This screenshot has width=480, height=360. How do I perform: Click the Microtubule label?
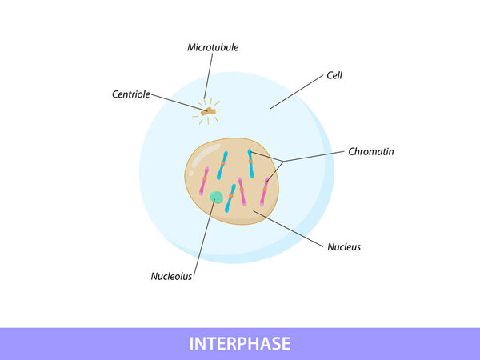point(213,47)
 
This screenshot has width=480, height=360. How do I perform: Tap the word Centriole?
point(131,94)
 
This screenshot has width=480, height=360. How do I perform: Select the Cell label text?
point(334,75)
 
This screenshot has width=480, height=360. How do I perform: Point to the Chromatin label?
point(371,151)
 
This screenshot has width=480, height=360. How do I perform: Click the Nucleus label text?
point(344,247)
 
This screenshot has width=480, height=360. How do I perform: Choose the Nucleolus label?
point(171,277)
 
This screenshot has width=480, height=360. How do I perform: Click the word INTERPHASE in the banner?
point(240,343)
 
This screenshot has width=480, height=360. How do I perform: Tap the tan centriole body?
point(209,111)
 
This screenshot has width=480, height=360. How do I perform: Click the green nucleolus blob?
point(217,197)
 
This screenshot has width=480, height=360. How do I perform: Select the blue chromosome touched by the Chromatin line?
point(251,163)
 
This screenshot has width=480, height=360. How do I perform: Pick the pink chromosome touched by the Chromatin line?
point(264,192)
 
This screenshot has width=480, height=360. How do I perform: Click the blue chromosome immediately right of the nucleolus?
point(230,198)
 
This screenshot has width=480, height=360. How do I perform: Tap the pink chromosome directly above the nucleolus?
point(204,181)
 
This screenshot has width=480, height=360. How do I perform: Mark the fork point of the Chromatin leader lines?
point(283,161)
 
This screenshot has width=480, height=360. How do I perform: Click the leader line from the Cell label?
point(297,91)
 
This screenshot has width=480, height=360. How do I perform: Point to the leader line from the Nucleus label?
point(288,228)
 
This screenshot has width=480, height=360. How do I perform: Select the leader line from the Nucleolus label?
point(205,238)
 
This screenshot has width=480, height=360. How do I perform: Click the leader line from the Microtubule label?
point(209,76)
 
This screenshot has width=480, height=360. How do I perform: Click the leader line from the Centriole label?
point(179,103)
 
